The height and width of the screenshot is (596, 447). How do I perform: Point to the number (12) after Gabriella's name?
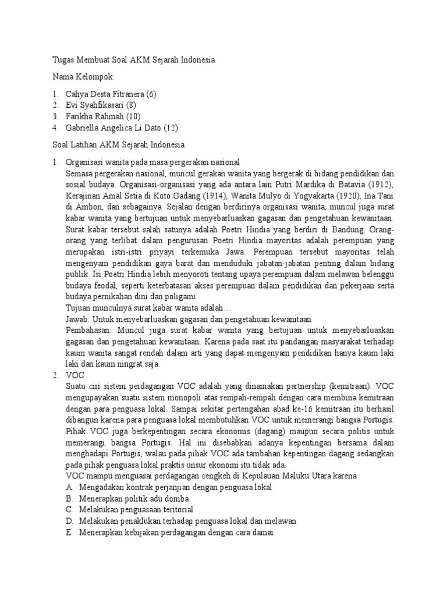click(170, 127)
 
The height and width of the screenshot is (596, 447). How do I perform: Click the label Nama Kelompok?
click(83, 77)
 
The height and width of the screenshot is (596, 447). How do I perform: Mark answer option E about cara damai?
click(169, 532)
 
